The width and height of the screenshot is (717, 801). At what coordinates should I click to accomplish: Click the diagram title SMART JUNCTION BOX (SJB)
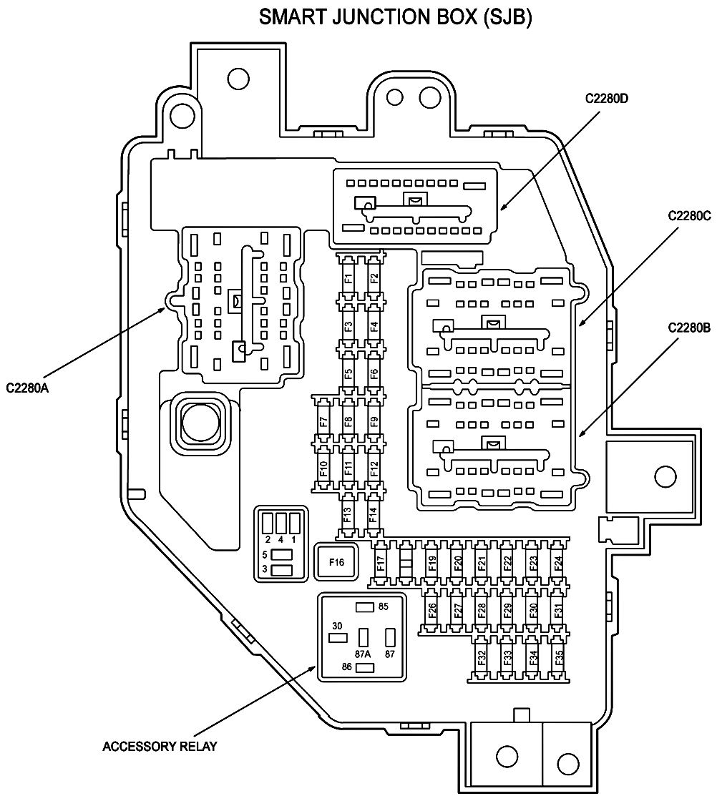pos(395,17)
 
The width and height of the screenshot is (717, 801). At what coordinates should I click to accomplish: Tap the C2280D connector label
pos(607,98)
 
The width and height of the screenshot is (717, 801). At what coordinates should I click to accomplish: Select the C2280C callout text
pos(689,216)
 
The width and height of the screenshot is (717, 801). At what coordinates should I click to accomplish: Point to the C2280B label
pos(689,328)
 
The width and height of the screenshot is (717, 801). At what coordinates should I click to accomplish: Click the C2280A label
pos(28,388)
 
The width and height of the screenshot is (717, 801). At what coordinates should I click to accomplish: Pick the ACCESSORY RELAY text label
pos(160,747)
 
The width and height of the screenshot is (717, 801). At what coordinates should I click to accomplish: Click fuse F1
pos(348,278)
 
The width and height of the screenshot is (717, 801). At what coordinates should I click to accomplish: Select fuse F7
pos(323,422)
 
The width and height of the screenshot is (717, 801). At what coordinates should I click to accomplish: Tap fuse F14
pos(374,514)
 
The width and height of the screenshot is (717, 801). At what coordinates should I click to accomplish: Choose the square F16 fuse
pos(336,562)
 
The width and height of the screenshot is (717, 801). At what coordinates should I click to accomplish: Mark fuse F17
pos(381,563)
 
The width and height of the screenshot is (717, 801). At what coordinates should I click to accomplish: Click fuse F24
pos(558,563)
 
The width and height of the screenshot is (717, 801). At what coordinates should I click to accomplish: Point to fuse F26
pos(431,610)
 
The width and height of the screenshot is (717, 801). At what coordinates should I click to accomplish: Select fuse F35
pos(558,657)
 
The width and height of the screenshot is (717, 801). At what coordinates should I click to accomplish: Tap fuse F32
pos(482,657)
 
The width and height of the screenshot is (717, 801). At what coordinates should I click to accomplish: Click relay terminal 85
pos(364,607)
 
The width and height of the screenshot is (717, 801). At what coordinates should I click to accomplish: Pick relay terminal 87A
pos(364,637)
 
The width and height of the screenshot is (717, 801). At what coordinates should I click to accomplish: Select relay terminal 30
pos(338,637)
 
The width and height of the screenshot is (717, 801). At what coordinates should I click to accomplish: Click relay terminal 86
pos(364,667)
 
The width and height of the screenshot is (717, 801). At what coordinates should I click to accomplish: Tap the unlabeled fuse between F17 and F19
pos(406,563)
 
